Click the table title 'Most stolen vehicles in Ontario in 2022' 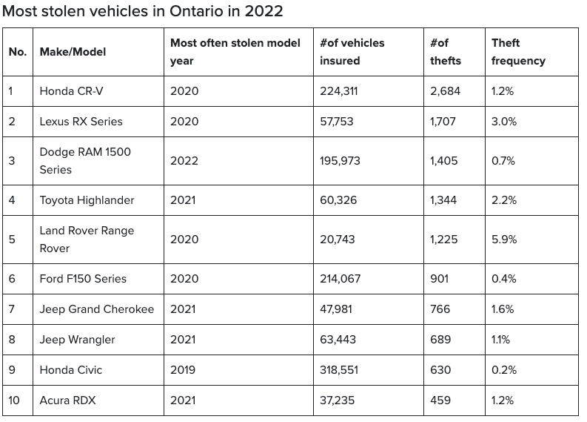coord(142,11)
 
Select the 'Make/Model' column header coord(73,52)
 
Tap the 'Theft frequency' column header coord(518,52)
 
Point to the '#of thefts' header coord(446,52)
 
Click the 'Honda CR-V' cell coord(71,91)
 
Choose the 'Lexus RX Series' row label coord(81,122)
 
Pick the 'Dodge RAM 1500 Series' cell coord(85,160)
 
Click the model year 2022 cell coord(184,160)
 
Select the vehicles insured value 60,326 coord(338,200)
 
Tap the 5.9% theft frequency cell coord(504,240)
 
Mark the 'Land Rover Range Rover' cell coord(87,240)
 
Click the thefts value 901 coord(439,279)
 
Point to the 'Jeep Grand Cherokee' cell coord(96,309)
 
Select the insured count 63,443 coord(338,340)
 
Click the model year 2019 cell coord(183,370)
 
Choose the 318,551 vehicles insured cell coord(339,370)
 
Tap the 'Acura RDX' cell coord(67,400)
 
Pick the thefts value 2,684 coord(445,91)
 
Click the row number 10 coord(14,400)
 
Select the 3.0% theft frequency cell coord(504,122)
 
